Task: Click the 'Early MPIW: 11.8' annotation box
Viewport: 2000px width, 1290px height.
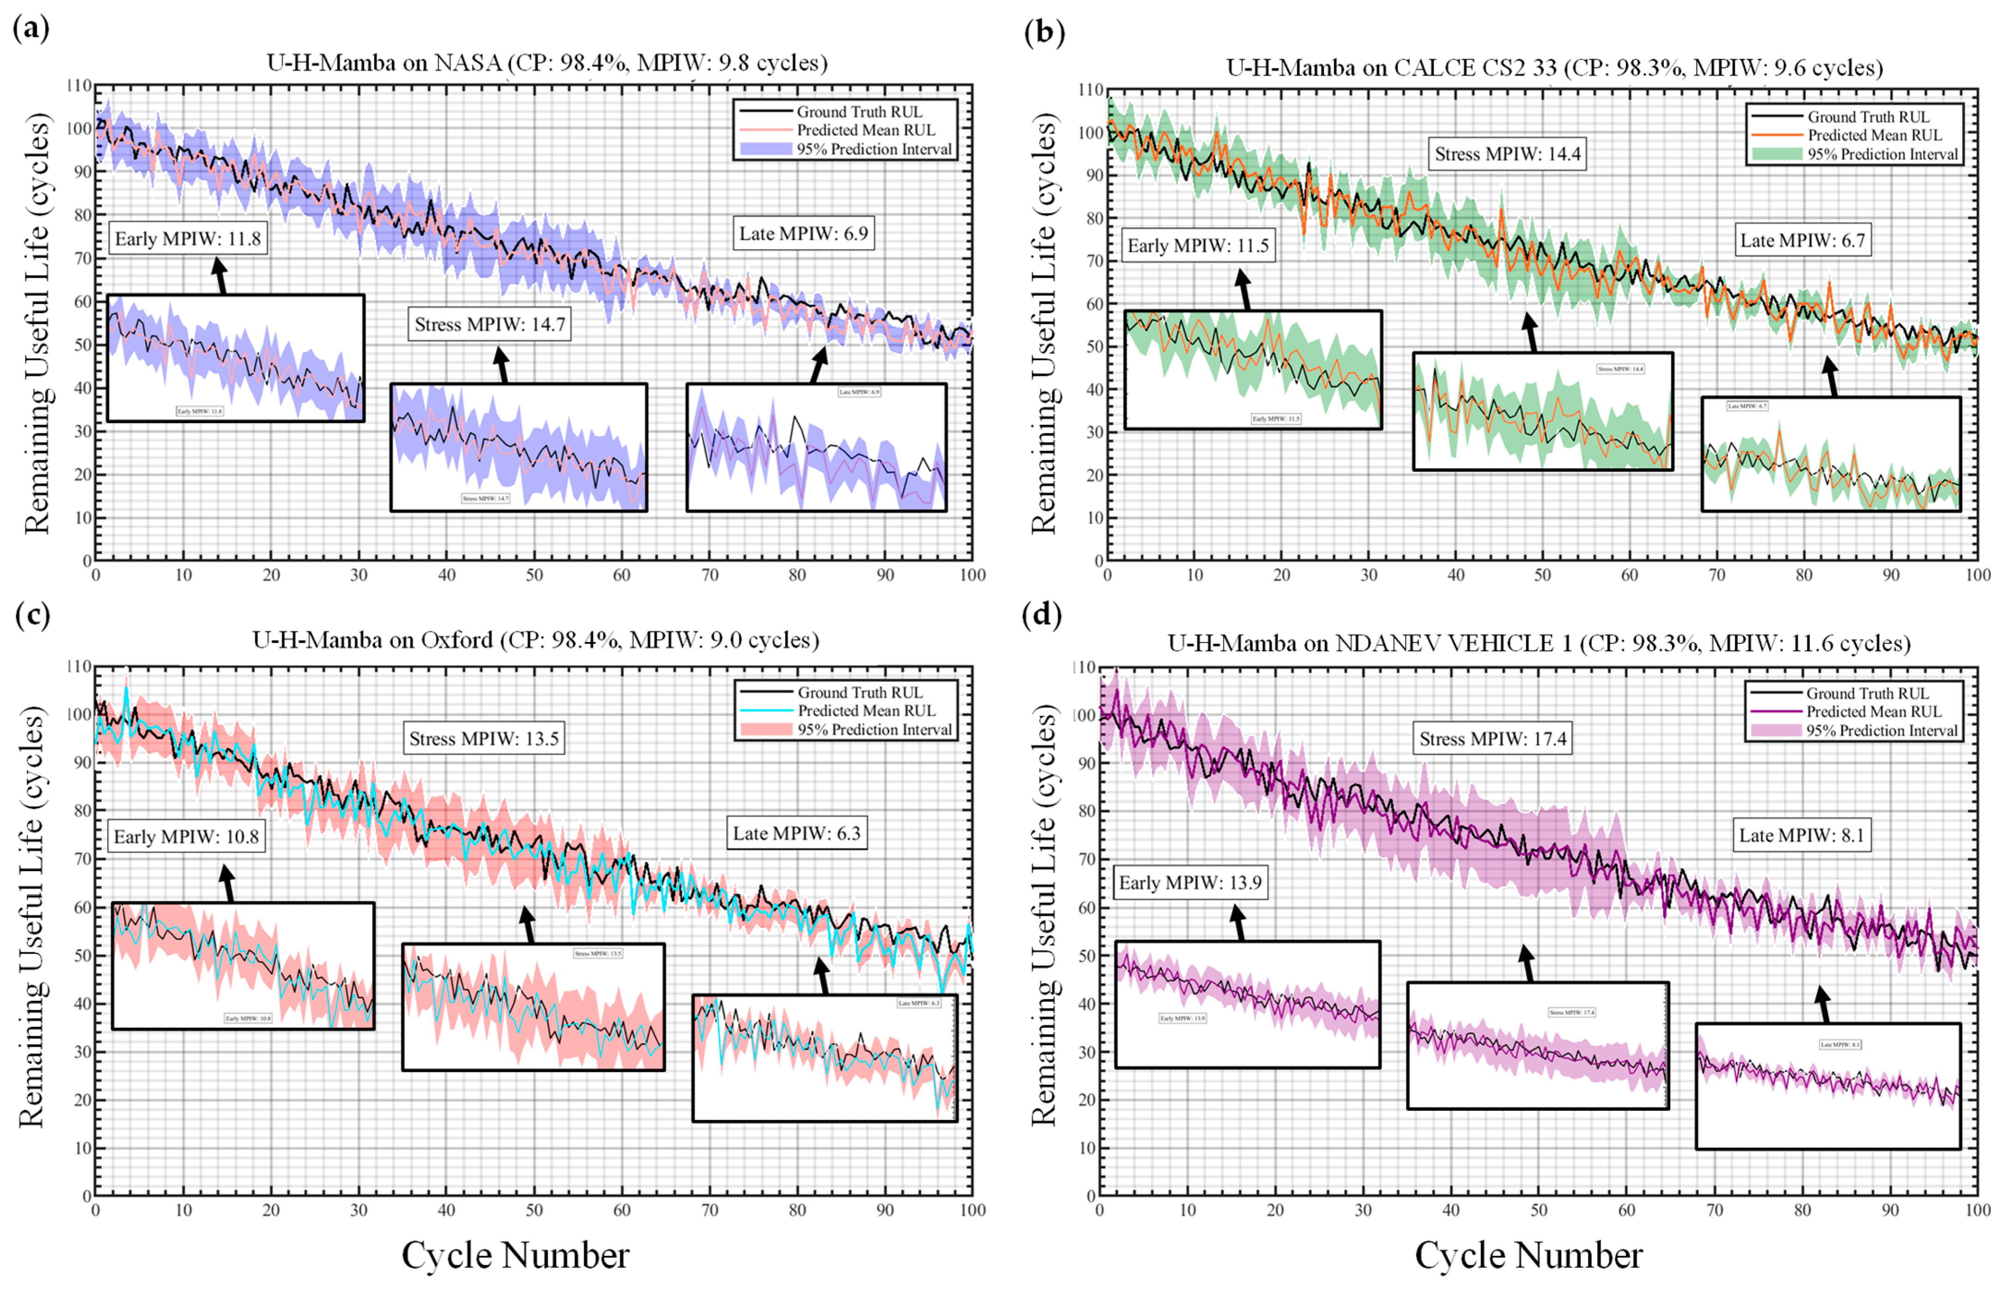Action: tap(187, 239)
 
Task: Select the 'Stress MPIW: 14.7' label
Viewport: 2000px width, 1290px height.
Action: tap(490, 324)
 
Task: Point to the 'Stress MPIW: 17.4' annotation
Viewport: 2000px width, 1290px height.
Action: tap(1492, 739)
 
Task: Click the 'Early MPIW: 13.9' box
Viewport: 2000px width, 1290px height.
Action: tap(1190, 883)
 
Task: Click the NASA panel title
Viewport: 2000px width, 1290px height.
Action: tap(546, 63)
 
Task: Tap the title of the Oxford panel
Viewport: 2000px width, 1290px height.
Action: tap(536, 640)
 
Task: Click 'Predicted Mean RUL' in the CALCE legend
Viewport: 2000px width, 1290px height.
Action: tap(1873, 135)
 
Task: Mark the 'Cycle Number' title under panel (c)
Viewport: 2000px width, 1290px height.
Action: tap(515, 1255)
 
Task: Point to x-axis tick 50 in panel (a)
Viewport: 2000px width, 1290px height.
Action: tap(534, 575)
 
